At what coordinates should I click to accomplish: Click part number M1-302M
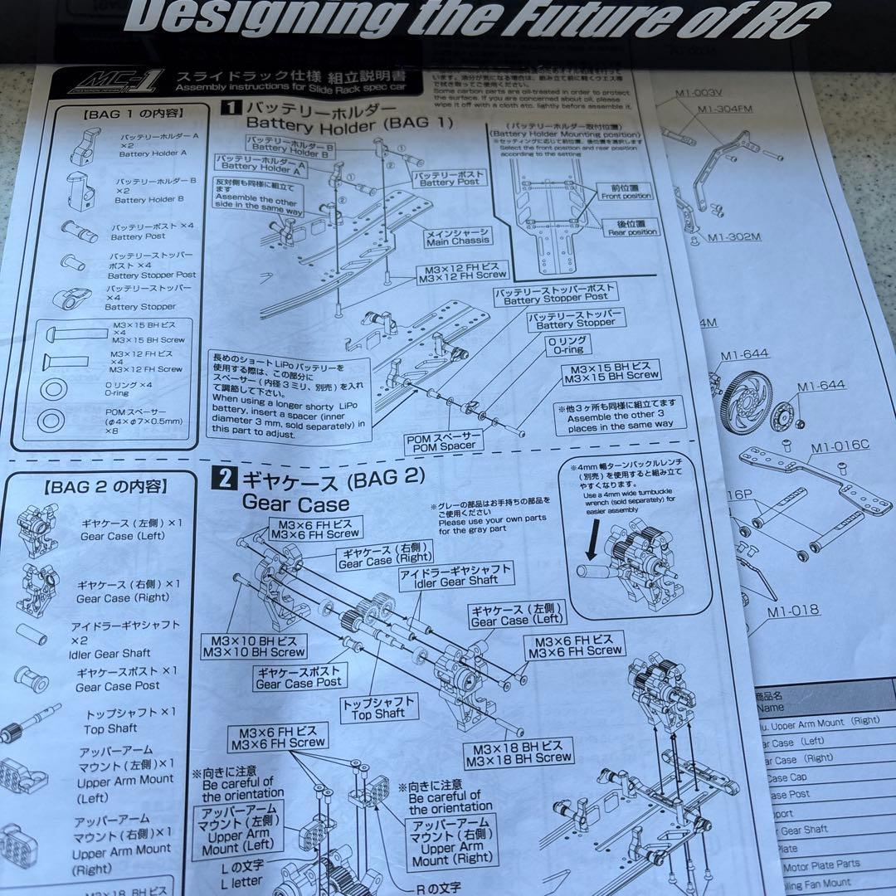733,237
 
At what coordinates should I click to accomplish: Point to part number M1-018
792,611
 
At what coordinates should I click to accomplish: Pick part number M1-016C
840,445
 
